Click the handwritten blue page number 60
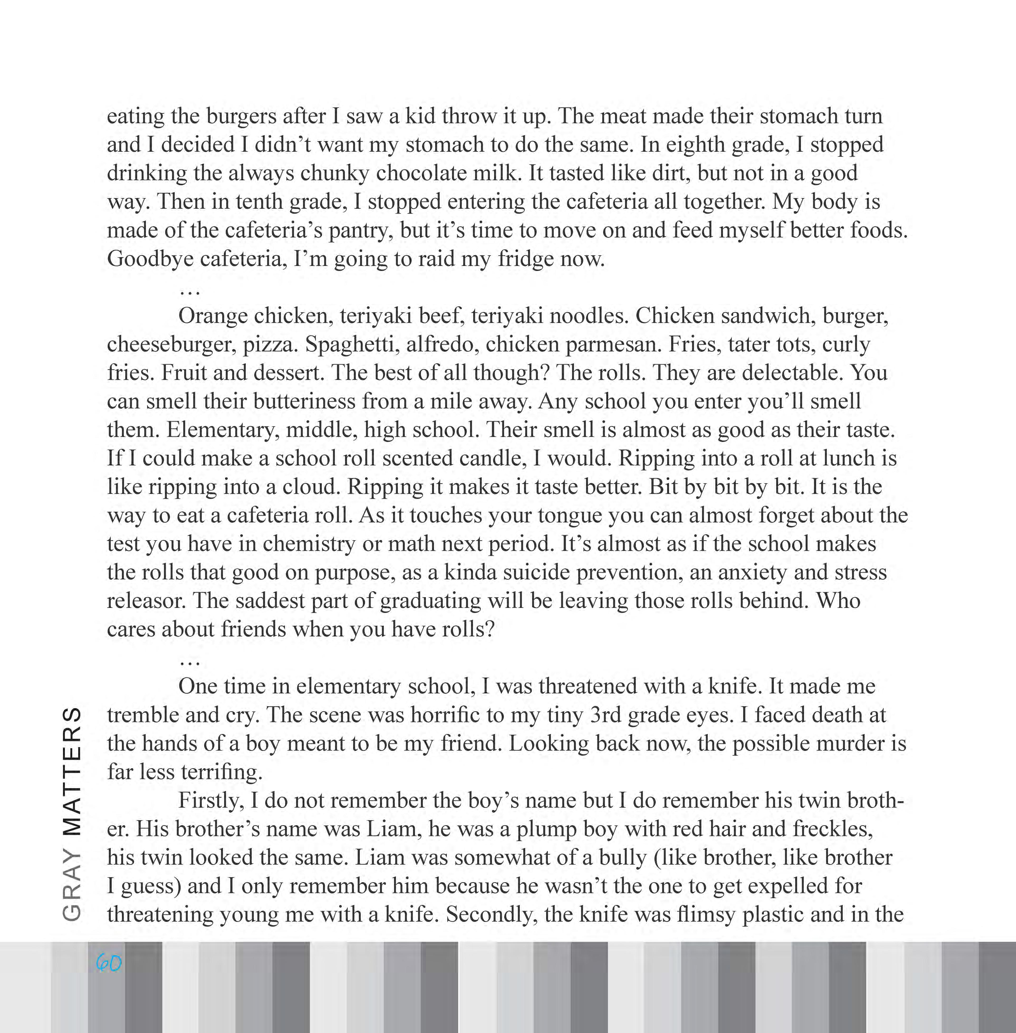point(109,963)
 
